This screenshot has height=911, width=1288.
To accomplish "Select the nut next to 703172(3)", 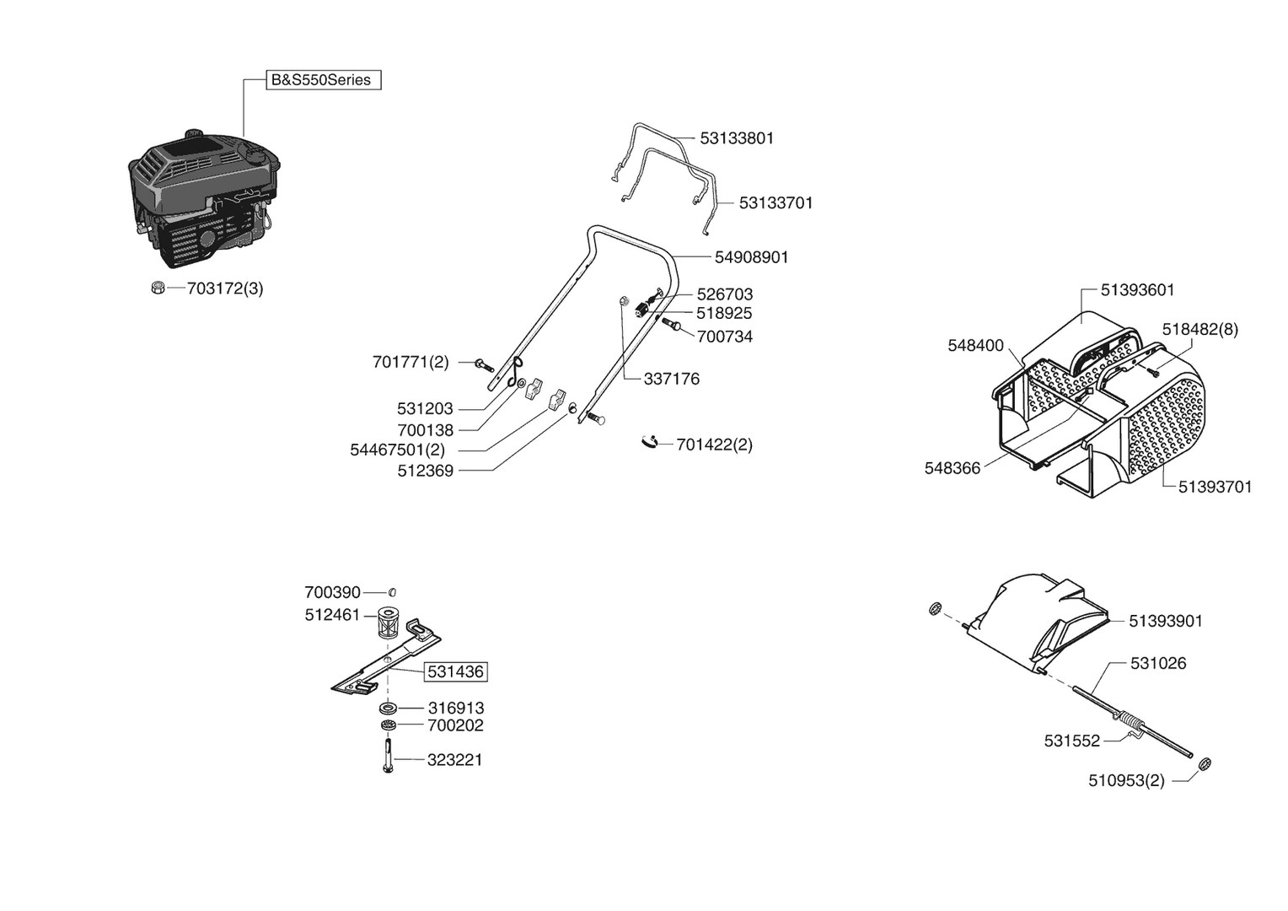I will pyautogui.click(x=156, y=288).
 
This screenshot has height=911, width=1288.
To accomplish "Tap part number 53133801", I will pyautogui.click(x=737, y=137).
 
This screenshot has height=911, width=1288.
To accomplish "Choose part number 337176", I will pyautogui.click(x=671, y=380).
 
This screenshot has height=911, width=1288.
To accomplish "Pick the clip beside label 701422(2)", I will pyautogui.click(x=649, y=441).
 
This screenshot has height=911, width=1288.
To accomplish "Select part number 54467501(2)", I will pyautogui.click(x=397, y=450).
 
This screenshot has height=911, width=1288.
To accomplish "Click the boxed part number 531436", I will pyautogui.click(x=455, y=672).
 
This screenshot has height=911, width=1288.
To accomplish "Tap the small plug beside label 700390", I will pyautogui.click(x=392, y=592).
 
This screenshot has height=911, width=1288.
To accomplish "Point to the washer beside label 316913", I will pyautogui.click(x=389, y=708).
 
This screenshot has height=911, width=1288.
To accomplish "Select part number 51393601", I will pyautogui.click(x=1137, y=290).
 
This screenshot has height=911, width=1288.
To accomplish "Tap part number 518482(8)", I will pyautogui.click(x=1199, y=330).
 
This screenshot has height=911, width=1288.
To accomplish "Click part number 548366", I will pyautogui.click(x=953, y=469).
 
